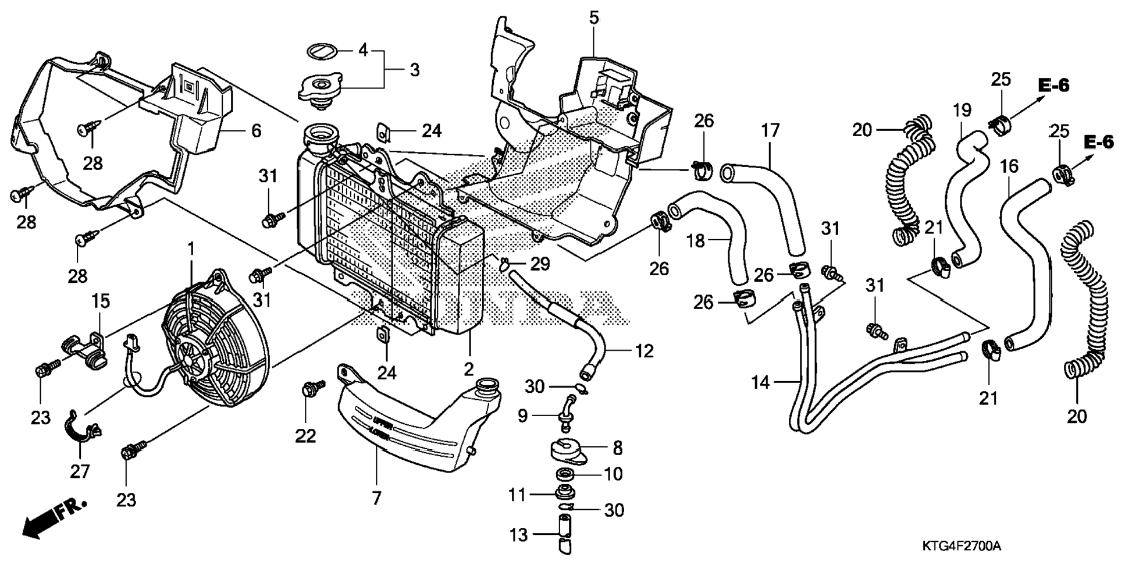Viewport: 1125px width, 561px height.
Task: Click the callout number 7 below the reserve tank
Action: pyautogui.click(x=376, y=498)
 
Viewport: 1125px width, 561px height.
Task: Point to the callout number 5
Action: pyautogui.click(x=593, y=18)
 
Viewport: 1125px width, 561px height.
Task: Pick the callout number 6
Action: pyautogui.click(x=256, y=130)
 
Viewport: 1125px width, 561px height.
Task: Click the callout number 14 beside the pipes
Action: pyautogui.click(x=760, y=382)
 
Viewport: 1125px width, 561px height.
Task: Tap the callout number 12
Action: pyautogui.click(x=644, y=351)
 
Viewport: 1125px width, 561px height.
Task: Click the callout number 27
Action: pyautogui.click(x=80, y=471)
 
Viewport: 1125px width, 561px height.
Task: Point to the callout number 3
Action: pyautogui.click(x=414, y=70)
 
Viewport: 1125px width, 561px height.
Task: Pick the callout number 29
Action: pyautogui.click(x=540, y=264)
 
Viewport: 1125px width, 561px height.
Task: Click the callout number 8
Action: pyautogui.click(x=617, y=448)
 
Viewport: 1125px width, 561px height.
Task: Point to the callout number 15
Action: pyautogui.click(x=100, y=301)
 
